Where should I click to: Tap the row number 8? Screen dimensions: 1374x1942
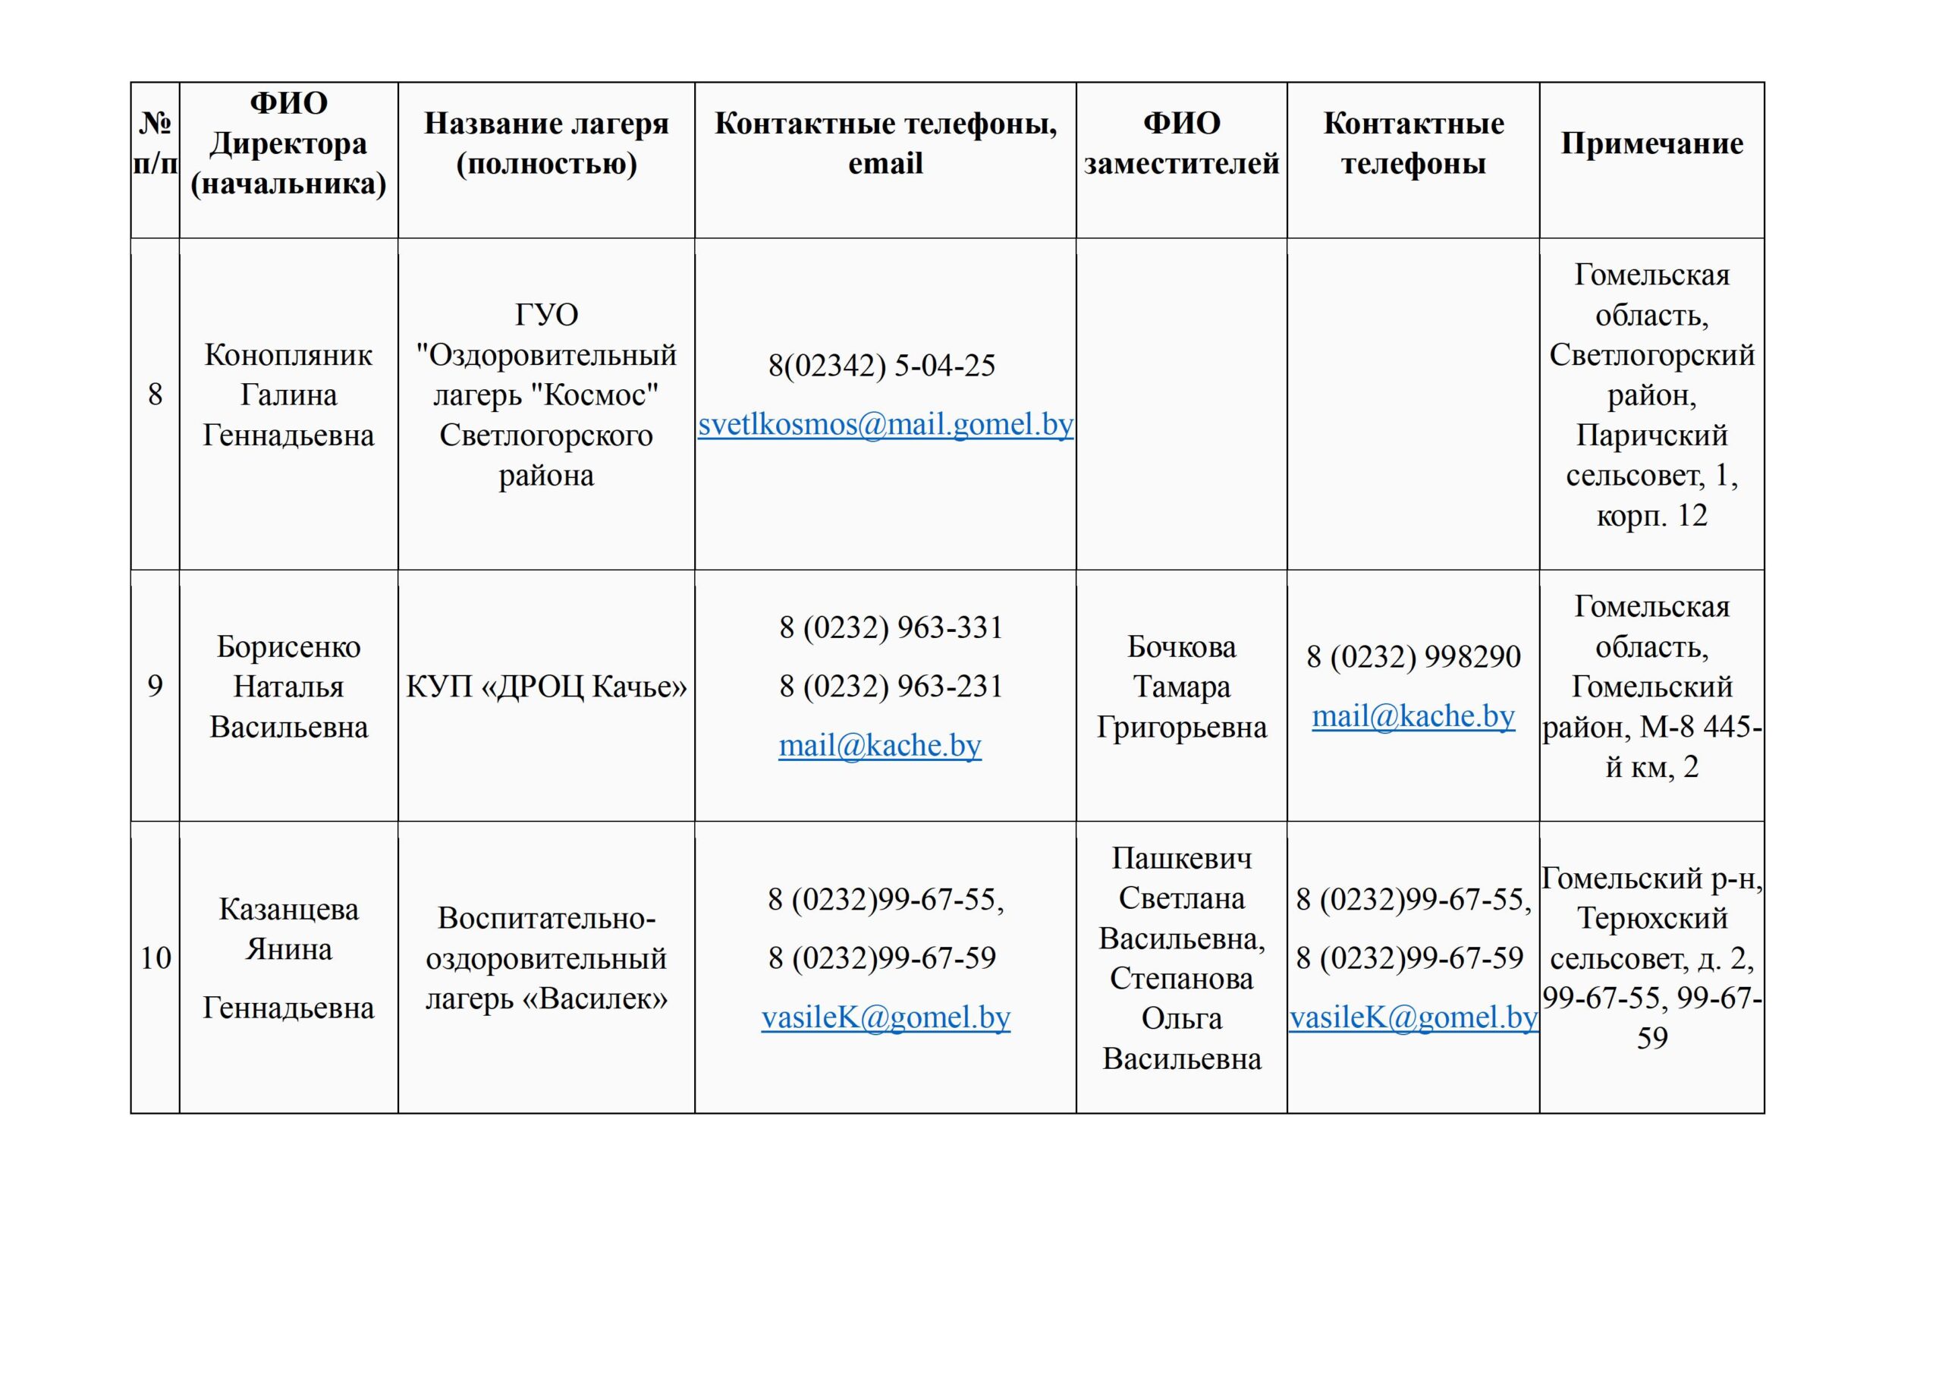click(155, 395)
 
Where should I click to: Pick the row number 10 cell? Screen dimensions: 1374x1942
click(156, 957)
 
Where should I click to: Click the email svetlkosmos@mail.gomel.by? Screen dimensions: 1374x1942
click(885, 424)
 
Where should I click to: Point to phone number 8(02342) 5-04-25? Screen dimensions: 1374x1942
click(881, 366)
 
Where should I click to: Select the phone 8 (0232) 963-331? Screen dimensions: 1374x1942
click(891, 627)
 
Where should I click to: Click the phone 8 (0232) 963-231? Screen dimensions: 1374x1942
click(891, 686)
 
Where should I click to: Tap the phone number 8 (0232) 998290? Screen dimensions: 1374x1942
click(1413, 656)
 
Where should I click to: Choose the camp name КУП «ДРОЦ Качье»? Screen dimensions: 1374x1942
click(546, 686)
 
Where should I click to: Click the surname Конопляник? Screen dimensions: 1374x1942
click(288, 354)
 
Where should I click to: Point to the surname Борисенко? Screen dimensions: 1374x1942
click(288, 646)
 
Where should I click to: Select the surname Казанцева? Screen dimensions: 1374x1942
click(288, 910)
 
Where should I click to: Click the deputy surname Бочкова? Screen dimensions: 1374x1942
click(1182, 646)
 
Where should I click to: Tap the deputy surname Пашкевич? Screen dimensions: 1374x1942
click(1182, 859)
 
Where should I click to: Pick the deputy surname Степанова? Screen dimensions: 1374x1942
click(1182, 979)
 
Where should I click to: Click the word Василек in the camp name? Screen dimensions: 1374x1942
click(594, 999)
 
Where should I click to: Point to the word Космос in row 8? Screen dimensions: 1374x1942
click(601, 395)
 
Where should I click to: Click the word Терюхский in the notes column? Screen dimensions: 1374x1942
click(1653, 919)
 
